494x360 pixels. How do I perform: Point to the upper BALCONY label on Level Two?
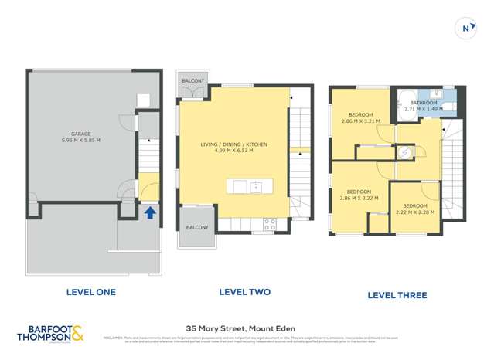[x=192, y=81]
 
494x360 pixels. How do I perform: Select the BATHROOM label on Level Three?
[x=424, y=103]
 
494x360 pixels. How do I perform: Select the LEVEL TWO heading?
[x=244, y=292]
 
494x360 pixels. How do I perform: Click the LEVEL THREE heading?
[x=397, y=295]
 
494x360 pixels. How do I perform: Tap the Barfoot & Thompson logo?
[x=50, y=334]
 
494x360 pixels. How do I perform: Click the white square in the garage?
[x=143, y=99]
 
